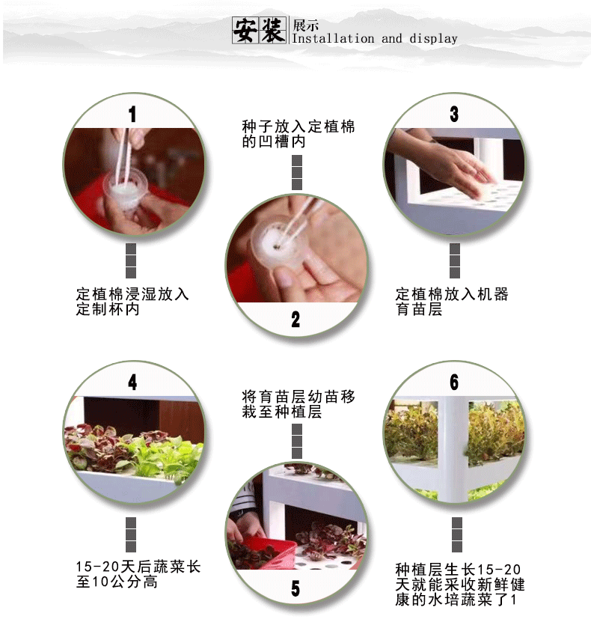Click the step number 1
(132, 115)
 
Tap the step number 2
(295, 320)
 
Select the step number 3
(454, 115)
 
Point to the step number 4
(132, 382)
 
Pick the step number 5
(295, 588)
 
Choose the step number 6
(454, 382)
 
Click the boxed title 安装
(260, 30)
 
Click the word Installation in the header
(333, 39)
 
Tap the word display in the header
(433, 39)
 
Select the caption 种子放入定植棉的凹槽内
(298, 134)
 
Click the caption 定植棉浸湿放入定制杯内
(132, 302)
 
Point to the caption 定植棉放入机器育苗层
(452, 302)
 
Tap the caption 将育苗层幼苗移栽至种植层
(298, 404)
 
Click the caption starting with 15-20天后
(138, 574)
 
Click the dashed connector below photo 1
(131, 260)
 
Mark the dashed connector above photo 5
(297, 442)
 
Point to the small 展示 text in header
(306, 25)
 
